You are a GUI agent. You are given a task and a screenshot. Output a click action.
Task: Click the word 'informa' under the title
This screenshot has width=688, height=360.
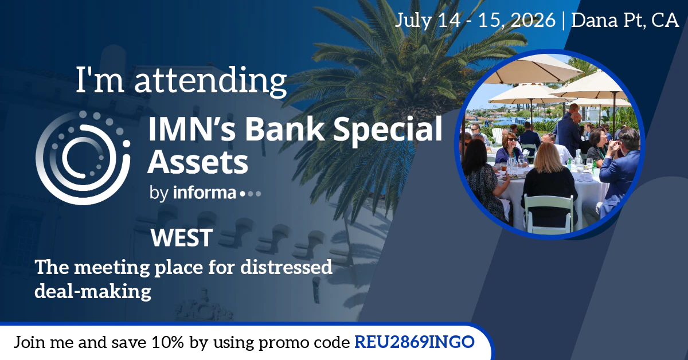[x=204, y=193]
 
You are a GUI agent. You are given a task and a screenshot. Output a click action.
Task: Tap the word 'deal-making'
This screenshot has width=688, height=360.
[x=93, y=291]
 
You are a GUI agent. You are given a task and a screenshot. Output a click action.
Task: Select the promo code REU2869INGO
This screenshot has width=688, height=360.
[x=415, y=342]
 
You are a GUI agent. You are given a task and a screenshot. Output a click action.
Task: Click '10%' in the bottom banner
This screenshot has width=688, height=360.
[x=172, y=343]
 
